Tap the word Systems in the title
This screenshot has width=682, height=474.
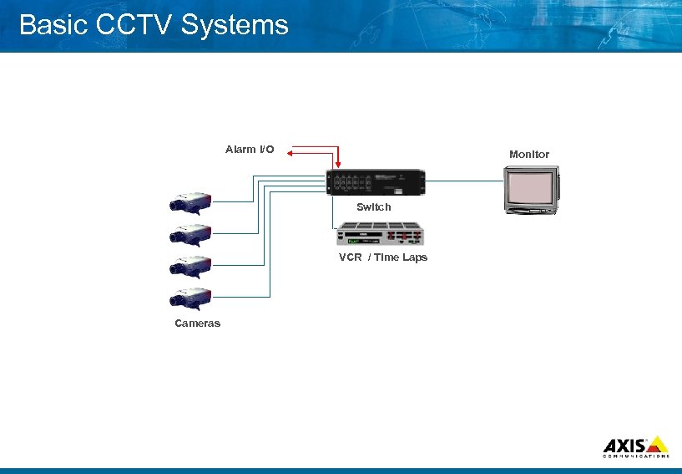click(235, 25)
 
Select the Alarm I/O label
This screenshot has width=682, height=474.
click(250, 150)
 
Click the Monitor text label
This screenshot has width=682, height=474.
click(529, 155)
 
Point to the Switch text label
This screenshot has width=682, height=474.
click(373, 206)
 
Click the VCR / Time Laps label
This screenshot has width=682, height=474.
click(383, 257)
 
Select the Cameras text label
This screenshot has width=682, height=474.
click(198, 324)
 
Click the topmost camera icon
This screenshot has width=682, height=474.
click(190, 201)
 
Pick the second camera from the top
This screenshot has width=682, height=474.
click(190, 233)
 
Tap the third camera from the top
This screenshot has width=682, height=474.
click(190, 266)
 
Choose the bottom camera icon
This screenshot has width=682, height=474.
click(190, 298)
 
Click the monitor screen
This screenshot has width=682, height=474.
click(529, 188)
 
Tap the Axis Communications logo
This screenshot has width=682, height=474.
click(635, 446)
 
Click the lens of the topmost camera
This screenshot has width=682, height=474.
click(174, 204)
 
